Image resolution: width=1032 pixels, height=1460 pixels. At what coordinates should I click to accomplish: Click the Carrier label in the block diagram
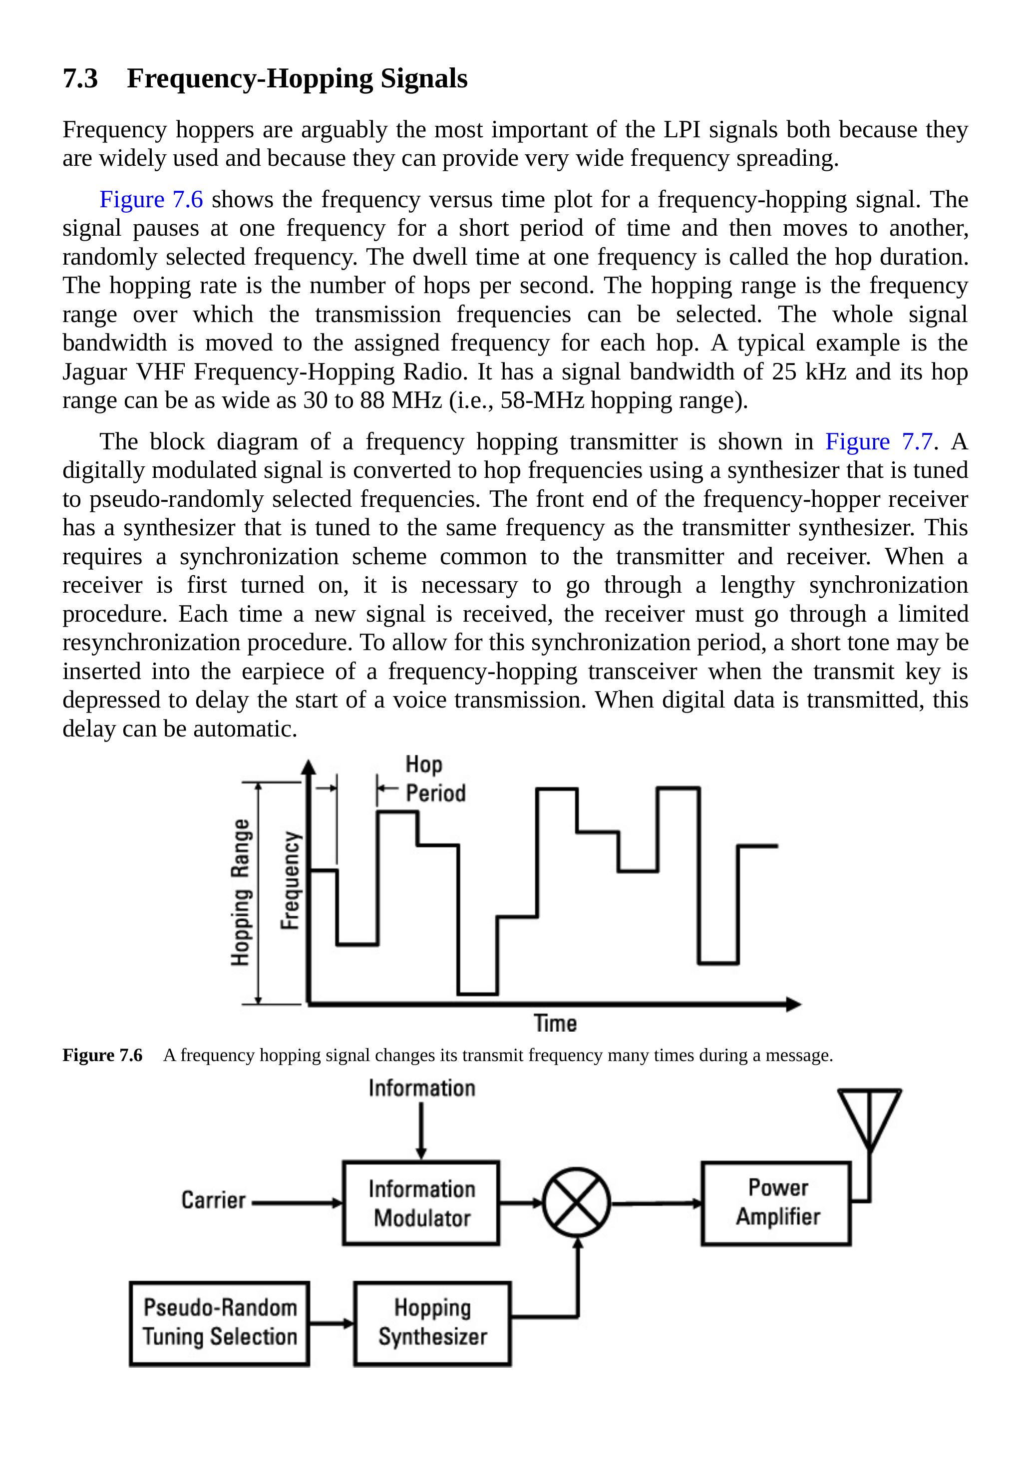coord(213,1200)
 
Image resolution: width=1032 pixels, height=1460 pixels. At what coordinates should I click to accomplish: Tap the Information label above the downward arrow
coord(421,1088)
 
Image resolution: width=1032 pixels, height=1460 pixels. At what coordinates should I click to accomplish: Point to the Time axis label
coord(555,1023)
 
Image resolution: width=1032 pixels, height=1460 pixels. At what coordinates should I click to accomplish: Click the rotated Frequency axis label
coord(290,880)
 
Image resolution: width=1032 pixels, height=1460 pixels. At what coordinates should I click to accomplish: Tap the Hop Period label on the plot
coord(435,778)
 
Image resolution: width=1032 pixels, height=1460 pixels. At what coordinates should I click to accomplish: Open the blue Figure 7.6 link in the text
coord(151,200)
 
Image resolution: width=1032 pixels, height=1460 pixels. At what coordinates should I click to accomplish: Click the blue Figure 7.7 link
coord(879,441)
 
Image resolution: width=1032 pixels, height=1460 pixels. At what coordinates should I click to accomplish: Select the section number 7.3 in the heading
coord(80,79)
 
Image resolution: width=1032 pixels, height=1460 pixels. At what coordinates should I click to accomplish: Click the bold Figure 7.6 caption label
coord(102,1056)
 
